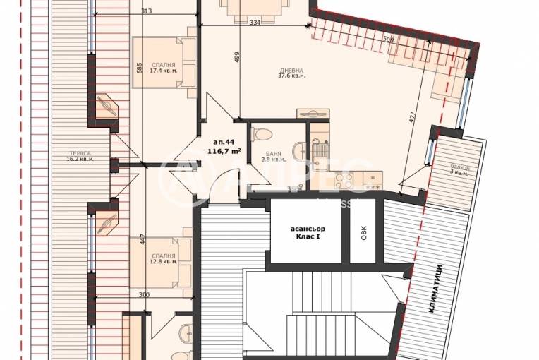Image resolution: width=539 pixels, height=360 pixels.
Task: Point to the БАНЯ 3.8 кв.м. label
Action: (275, 156)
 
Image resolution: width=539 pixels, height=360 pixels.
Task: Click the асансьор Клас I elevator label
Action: (305, 232)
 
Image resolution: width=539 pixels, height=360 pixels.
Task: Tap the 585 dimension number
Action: (140, 68)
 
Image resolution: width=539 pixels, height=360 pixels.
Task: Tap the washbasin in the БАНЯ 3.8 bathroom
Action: (298, 148)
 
